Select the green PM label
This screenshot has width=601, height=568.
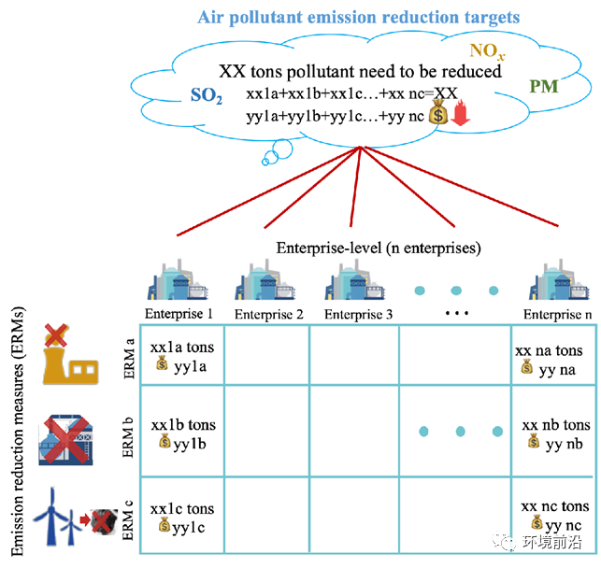tap(544, 87)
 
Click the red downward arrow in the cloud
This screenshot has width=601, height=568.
tap(460, 116)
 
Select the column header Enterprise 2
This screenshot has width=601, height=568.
tap(269, 314)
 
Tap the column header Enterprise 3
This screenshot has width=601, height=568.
tap(360, 314)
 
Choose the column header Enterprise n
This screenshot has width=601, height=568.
tap(557, 314)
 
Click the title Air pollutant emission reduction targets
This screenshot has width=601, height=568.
tap(359, 18)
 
